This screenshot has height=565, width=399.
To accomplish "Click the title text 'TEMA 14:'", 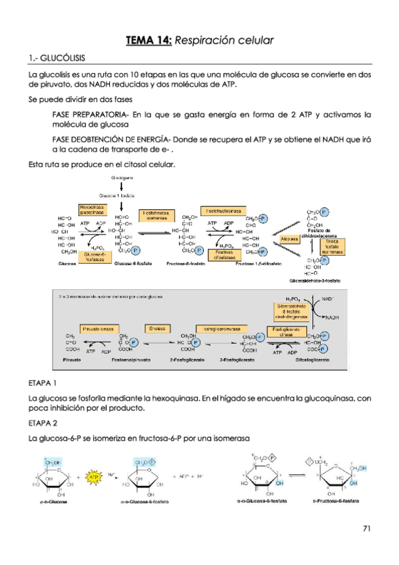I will click(149, 41).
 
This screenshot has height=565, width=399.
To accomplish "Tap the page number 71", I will click(366, 528).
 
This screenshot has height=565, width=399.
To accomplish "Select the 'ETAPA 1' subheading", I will click(43, 384).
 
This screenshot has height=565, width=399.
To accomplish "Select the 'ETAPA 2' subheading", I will click(43, 423).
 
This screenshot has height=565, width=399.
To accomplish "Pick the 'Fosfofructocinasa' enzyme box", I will click(222, 209).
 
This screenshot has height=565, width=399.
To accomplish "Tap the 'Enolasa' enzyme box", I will click(157, 328).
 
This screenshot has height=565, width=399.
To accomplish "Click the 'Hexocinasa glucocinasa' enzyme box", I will click(93, 209).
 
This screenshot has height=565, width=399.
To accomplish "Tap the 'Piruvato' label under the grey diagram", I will click(72, 359).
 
